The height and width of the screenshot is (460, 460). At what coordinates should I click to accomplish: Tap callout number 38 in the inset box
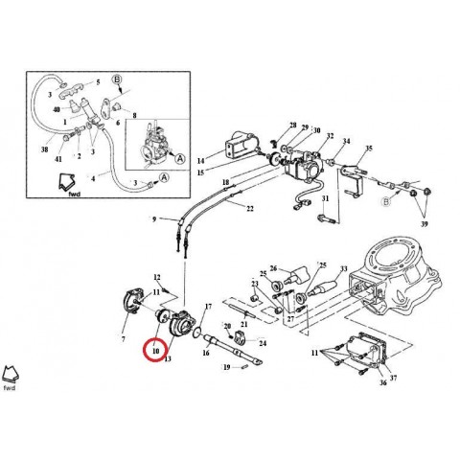[43, 151]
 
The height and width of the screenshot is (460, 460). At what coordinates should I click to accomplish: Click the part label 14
[201, 160]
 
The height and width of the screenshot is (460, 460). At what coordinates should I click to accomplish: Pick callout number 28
[292, 126]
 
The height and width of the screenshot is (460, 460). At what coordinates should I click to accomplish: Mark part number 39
[425, 222]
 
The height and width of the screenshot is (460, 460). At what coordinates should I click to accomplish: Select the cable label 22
[248, 209]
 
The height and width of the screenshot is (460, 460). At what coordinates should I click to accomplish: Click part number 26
[273, 268]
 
